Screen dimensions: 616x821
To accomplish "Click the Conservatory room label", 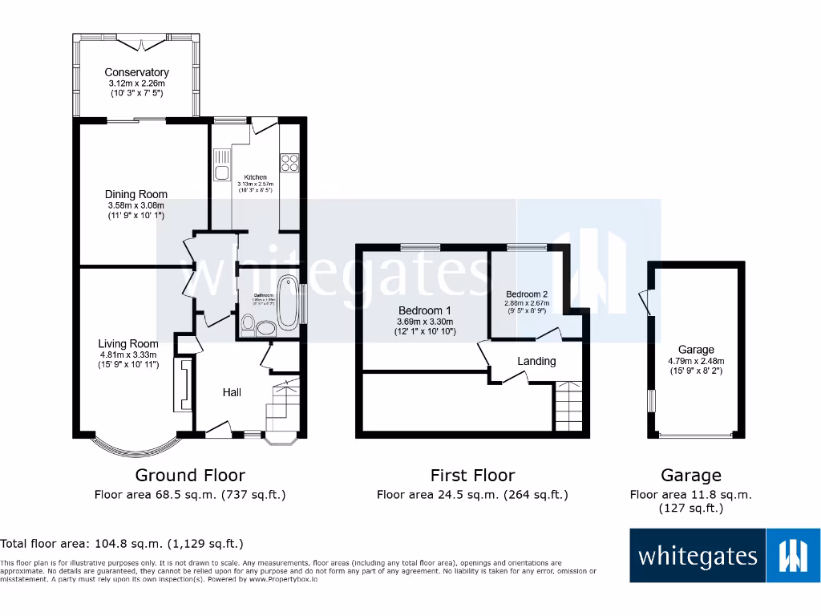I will pyautogui.click(x=136, y=72).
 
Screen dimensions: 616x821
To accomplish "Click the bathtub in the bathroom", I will pyautogui.click(x=287, y=301).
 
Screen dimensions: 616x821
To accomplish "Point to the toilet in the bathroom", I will pyautogui.click(x=249, y=325).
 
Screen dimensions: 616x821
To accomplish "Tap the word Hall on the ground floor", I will pyautogui.click(x=232, y=392).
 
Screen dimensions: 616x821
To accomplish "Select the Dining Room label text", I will pyautogui.click(x=136, y=194).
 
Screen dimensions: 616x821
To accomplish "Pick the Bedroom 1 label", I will pyautogui.click(x=425, y=310).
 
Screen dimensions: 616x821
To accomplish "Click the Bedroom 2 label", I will pyautogui.click(x=527, y=294).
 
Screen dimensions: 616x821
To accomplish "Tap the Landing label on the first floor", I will pyautogui.click(x=536, y=361).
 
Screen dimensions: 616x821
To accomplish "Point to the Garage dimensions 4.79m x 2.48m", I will pyautogui.click(x=696, y=361).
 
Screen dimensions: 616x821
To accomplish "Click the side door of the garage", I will pyautogui.click(x=645, y=302).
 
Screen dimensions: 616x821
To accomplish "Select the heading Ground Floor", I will pyautogui.click(x=190, y=476).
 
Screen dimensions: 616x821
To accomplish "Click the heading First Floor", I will pyautogui.click(x=472, y=476).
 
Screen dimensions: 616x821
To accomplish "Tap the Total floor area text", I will pyautogui.click(x=122, y=544).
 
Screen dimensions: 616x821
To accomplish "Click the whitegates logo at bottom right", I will pyautogui.click(x=725, y=555).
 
